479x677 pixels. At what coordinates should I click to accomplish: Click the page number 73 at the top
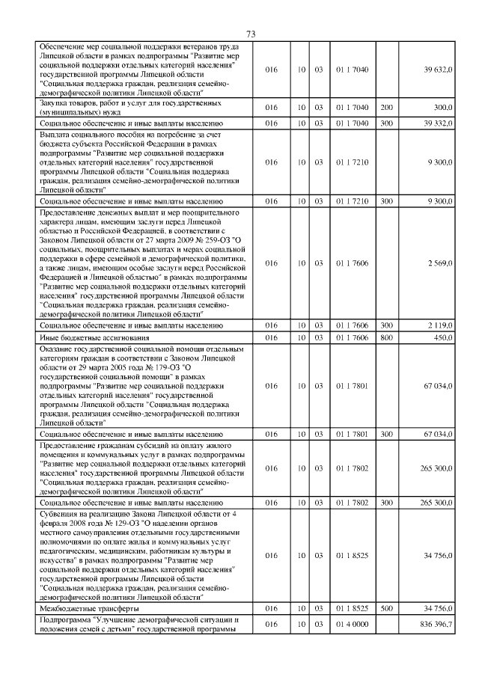tap(251, 34)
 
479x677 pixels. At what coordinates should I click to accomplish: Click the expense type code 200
tap(387, 108)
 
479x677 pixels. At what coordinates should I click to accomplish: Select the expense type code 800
tap(387, 337)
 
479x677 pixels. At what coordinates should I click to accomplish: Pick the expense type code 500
tap(387, 609)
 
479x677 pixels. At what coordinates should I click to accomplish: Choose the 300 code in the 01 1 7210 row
tap(387, 201)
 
